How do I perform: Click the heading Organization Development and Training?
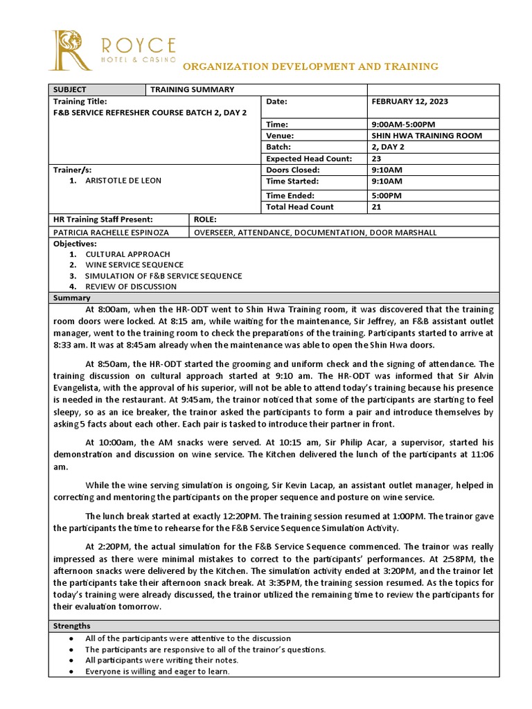point(310,66)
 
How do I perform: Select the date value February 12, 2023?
point(409,101)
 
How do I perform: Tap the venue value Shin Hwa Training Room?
point(427,136)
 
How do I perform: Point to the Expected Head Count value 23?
point(377,159)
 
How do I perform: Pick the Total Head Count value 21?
point(377,207)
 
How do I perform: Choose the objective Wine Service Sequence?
point(134,264)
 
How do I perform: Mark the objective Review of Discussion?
point(131,286)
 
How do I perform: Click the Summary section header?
point(69,298)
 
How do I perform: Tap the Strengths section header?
point(71,626)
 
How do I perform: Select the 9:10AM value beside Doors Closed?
point(387,170)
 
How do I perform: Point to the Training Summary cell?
point(192,89)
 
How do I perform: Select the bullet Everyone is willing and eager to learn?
point(157,672)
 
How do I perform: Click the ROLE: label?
point(206,219)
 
